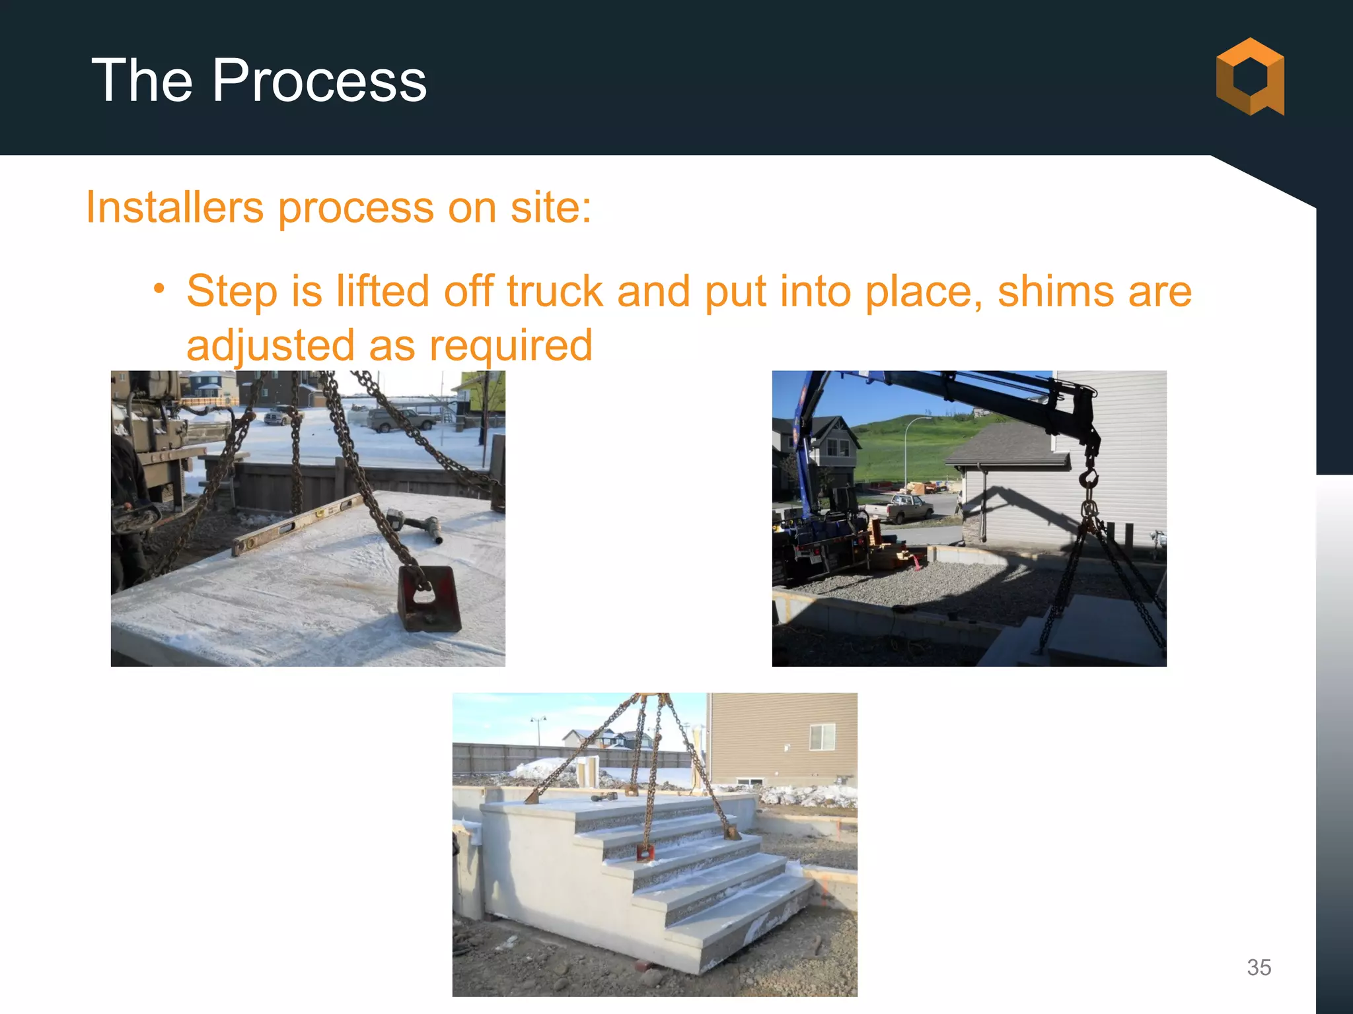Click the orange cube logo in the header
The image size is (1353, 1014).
tap(1249, 77)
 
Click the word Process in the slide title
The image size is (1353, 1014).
tap(319, 81)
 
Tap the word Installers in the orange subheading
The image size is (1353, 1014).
tap(174, 207)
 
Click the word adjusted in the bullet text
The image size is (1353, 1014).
tap(271, 345)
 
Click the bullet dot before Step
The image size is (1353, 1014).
tap(159, 288)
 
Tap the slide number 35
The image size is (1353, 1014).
tap(1259, 967)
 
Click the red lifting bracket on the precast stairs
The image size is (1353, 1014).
tap(644, 853)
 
